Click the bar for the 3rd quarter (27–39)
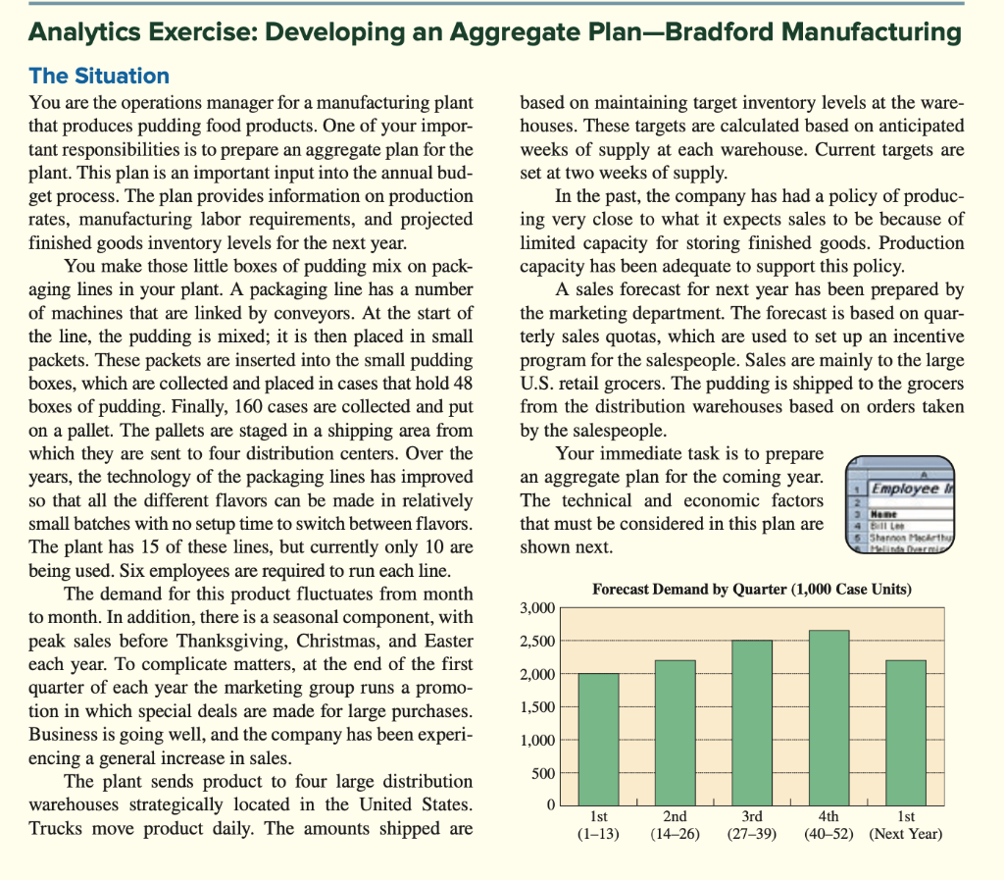click(x=754, y=722)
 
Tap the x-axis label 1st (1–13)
click(x=598, y=825)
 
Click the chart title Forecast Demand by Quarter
click(x=752, y=589)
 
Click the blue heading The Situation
click(x=99, y=76)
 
